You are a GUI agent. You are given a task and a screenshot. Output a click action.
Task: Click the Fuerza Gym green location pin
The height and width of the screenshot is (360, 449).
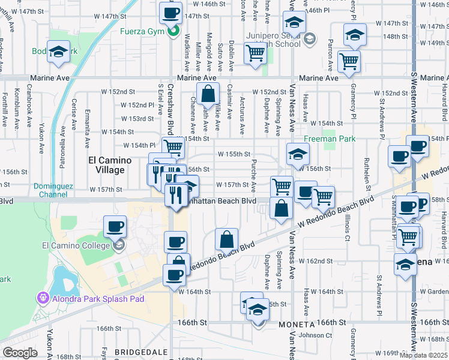tap(172, 32)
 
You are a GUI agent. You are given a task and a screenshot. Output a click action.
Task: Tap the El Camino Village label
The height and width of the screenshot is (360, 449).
tap(106, 165)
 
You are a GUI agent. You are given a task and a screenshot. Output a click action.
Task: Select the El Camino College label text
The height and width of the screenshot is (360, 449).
tap(75, 245)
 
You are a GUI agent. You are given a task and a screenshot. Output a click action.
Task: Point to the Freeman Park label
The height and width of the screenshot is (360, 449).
tap(330, 139)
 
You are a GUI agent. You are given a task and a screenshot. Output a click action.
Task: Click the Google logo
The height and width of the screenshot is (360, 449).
tap(20, 353)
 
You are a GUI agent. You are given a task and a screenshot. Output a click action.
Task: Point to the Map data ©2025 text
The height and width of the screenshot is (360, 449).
tap(423, 355)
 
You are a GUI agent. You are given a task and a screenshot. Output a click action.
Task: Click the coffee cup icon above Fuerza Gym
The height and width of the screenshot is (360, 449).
tap(171, 12)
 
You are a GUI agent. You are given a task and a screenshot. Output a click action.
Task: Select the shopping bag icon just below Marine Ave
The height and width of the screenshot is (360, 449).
tap(207, 94)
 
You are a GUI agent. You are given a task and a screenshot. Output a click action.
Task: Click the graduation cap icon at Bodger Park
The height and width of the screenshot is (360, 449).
tap(59, 52)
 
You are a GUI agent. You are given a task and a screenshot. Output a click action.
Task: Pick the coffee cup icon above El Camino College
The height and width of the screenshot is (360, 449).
tap(115, 227)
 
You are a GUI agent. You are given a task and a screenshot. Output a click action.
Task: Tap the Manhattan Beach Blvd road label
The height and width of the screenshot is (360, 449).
tap(226, 201)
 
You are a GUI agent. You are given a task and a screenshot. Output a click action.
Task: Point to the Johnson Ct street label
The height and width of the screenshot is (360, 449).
tap(312, 335)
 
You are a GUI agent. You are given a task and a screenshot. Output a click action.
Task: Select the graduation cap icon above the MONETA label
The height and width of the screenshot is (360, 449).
tap(258, 310)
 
